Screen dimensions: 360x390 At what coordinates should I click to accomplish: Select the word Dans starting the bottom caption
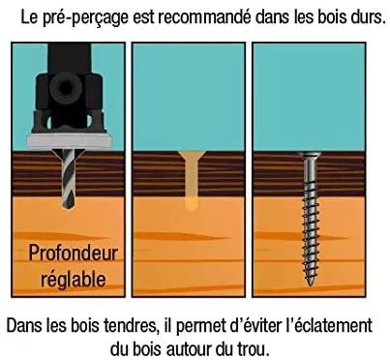coord(25,323)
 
